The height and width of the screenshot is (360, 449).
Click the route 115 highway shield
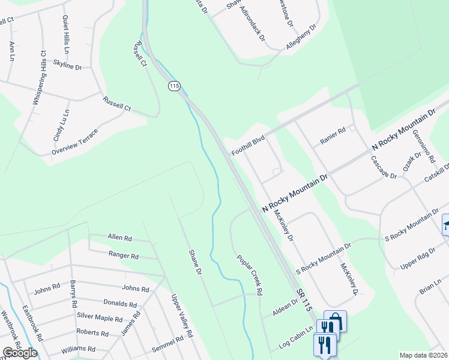click(x=174, y=86)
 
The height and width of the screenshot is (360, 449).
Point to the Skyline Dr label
click(x=67, y=64)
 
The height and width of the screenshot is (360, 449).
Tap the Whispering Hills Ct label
click(x=40, y=78)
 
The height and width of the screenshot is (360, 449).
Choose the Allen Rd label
click(x=119, y=238)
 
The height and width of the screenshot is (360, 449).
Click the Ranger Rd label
click(x=124, y=255)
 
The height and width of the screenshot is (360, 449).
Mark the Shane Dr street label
click(x=194, y=262)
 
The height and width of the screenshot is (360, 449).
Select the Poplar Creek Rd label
click(x=250, y=274)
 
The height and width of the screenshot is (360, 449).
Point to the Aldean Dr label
click(x=285, y=308)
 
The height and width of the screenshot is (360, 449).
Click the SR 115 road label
click(x=304, y=298)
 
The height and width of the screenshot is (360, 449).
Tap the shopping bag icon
click(x=336, y=320)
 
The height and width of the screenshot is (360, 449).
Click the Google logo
click(x=19, y=353)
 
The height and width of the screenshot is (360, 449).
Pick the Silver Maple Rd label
click(x=99, y=318)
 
